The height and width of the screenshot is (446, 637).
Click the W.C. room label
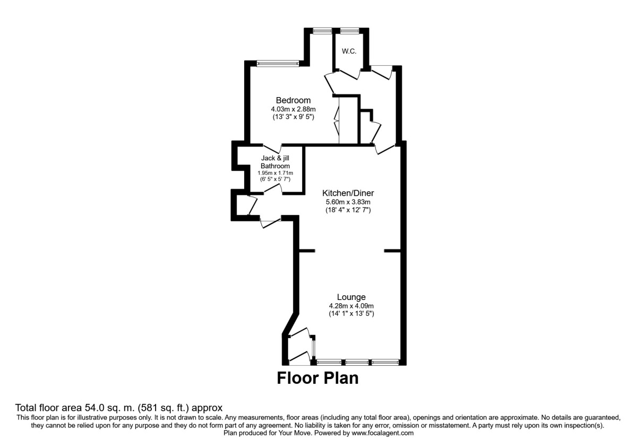(349, 52)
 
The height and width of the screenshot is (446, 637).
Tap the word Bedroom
(293, 100)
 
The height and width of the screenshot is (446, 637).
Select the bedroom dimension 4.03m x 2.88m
(293, 109)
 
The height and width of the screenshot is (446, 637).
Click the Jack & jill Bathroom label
(275, 162)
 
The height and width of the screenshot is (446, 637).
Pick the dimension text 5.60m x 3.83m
(348, 202)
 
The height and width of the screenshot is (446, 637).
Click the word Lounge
(351, 297)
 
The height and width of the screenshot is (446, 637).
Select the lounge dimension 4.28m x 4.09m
(351, 306)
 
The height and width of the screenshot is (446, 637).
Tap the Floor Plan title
(317, 379)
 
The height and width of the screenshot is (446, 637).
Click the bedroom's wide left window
(278, 64)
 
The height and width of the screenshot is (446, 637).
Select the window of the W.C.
(349, 31)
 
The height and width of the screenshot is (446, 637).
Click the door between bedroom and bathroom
(273, 148)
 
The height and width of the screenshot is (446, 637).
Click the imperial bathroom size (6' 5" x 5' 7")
(275, 179)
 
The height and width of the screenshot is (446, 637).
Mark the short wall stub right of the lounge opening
(392, 250)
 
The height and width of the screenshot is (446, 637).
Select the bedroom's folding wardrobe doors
(337, 121)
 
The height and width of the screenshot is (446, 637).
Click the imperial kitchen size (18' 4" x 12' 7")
(348, 210)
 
